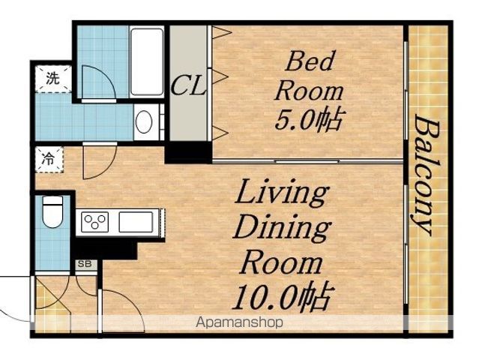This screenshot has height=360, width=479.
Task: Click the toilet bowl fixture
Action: point(53,211)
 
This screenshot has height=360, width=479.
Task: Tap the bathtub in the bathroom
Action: point(147,61)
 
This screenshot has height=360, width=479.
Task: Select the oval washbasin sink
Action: point(144,121)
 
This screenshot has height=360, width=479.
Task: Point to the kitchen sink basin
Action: point(136,222)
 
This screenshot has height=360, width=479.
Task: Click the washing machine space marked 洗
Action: point(53,79)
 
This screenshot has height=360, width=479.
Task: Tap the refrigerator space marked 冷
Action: point(49,160)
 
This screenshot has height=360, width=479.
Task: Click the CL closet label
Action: point(188,86)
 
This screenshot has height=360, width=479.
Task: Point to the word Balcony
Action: point(427,175)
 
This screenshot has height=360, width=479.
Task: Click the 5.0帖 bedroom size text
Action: point(308,120)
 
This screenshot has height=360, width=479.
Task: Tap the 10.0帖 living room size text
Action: point(281,296)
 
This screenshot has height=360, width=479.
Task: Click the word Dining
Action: point(282,229)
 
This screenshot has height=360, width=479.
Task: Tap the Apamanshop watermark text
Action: point(239,322)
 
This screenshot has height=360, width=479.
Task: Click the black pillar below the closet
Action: point(188,152)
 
